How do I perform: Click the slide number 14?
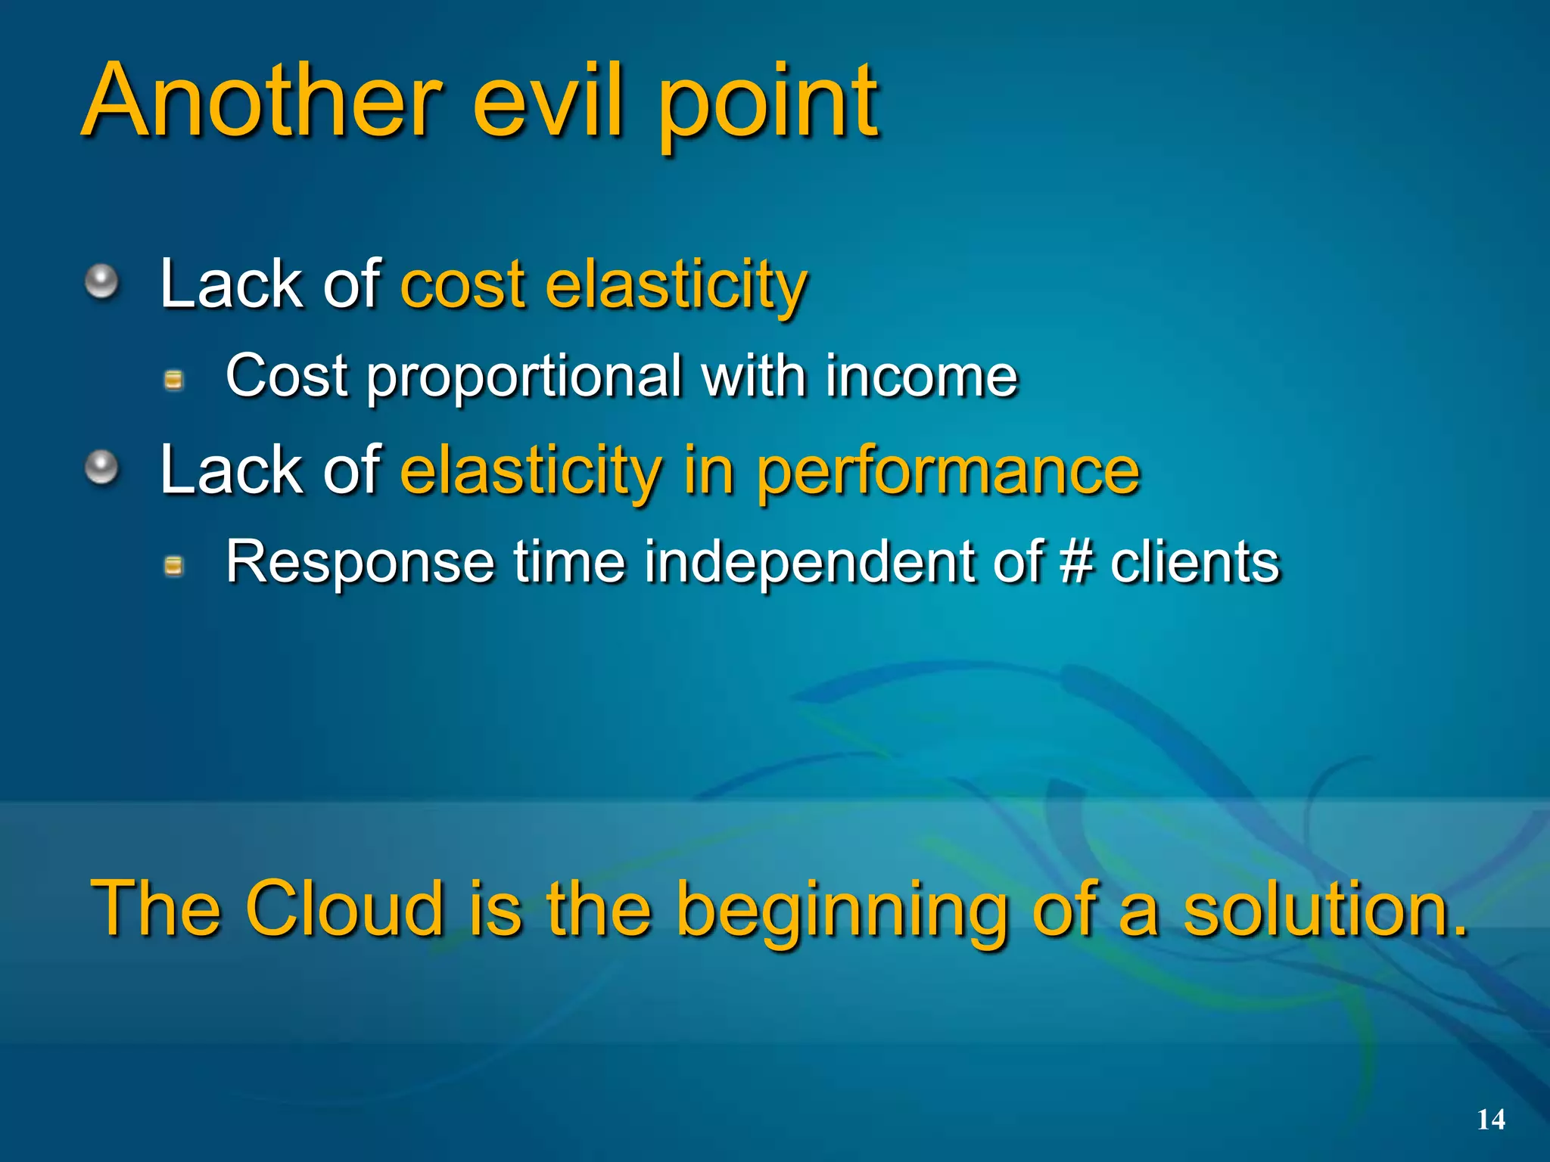(1490, 1120)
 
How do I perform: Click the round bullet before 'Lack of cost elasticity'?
(101, 282)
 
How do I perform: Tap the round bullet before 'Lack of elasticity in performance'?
(101, 468)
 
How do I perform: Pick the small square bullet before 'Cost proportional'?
(174, 380)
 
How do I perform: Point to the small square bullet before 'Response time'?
(174, 566)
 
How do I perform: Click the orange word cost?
(462, 285)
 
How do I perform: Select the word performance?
(948, 473)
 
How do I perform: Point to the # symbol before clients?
(1076, 562)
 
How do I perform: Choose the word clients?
(1194, 562)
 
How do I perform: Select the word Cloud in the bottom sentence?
(344, 908)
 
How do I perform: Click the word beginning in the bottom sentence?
(841, 912)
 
